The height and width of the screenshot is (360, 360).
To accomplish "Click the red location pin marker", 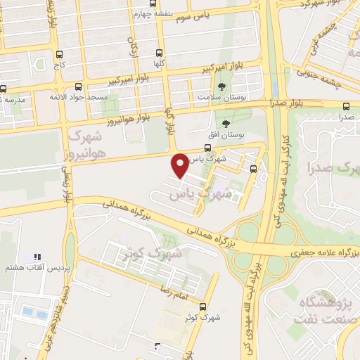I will click(x=181, y=165).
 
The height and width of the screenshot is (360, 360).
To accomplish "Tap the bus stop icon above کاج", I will click(x=59, y=53).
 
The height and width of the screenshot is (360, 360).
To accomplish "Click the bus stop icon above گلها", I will click(x=160, y=52).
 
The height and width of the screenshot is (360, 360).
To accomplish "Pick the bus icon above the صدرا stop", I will click(x=345, y=107).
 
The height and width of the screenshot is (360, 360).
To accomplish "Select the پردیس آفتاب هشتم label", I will click(x=30, y=268).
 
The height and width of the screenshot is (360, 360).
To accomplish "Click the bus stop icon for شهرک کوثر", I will click(x=202, y=307).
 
